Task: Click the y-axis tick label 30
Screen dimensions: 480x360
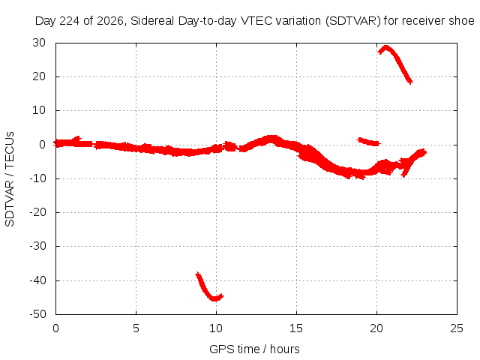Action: coord(39,43)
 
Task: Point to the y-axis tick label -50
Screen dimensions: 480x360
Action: coord(37,314)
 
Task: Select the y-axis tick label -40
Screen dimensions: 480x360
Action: coord(37,280)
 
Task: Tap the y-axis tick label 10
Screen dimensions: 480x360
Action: coord(39,110)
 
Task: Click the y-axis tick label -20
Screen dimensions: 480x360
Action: coord(37,212)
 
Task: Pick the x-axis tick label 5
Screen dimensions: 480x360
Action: coord(136,328)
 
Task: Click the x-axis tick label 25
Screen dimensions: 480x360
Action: coord(457,328)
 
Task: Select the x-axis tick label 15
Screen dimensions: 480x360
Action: coord(296,328)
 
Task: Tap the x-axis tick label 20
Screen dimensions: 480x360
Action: coord(376,328)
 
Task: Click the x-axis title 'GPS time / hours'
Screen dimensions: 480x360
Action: coord(254,349)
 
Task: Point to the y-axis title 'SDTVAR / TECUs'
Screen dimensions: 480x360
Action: coord(10,179)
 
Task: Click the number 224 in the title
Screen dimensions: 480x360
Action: coord(70,21)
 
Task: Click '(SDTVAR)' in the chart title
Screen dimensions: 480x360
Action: coord(352,21)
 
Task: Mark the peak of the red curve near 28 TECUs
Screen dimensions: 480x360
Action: coord(386,47)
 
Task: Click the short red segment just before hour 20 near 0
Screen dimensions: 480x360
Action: coord(368,142)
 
